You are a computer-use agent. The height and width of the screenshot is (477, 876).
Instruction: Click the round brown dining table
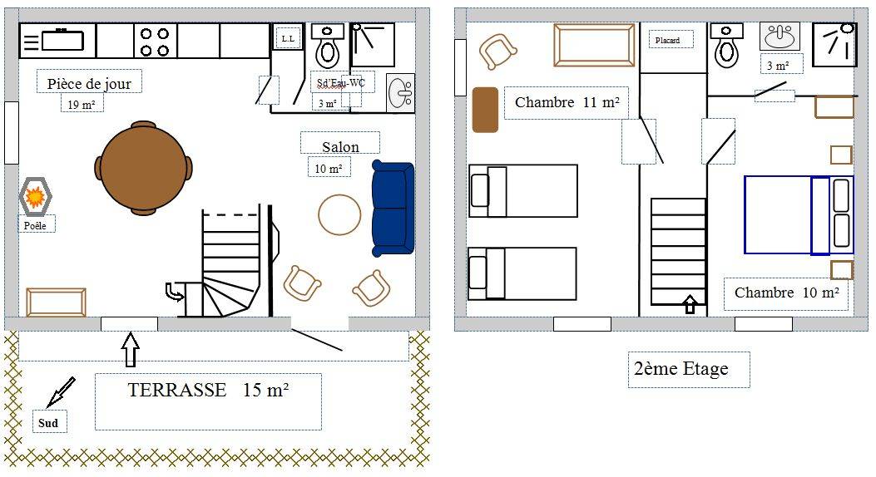coord(144,168)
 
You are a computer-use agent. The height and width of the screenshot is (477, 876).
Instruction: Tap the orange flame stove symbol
coord(35,196)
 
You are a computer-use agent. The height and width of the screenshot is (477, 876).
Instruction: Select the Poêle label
coord(35,226)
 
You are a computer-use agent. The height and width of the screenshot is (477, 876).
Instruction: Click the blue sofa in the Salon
coord(393,208)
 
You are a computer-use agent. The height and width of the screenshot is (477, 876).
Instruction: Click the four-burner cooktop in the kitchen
coord(155,42)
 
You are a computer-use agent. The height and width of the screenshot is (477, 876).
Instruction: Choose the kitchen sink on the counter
coord(62,40)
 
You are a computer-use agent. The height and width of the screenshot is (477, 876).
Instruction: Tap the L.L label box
coord(288,38)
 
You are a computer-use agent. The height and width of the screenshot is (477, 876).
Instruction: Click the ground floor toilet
coord(328,46)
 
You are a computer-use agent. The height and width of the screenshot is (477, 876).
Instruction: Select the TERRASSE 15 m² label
coord(208,390)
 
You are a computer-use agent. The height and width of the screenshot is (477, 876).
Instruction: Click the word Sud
coord(48,423)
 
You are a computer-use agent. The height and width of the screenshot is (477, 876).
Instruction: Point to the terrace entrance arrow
coord(130,349)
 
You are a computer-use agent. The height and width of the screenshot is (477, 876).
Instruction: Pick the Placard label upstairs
coord(668,40)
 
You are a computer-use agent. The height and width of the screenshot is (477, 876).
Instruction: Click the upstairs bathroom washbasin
coord(779,37)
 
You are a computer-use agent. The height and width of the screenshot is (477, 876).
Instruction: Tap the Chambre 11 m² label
coord(567,103)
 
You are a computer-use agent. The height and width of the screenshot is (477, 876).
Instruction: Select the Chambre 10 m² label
coord(787,293)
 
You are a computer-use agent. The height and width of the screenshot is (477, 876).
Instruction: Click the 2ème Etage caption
coord(681,369)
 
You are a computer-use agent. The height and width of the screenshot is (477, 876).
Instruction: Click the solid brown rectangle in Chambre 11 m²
coord(485,110)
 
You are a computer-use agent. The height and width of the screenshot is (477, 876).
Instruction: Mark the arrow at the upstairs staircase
coord(690,304)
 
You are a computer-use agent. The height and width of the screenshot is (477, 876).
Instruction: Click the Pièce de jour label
coord(89,84)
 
